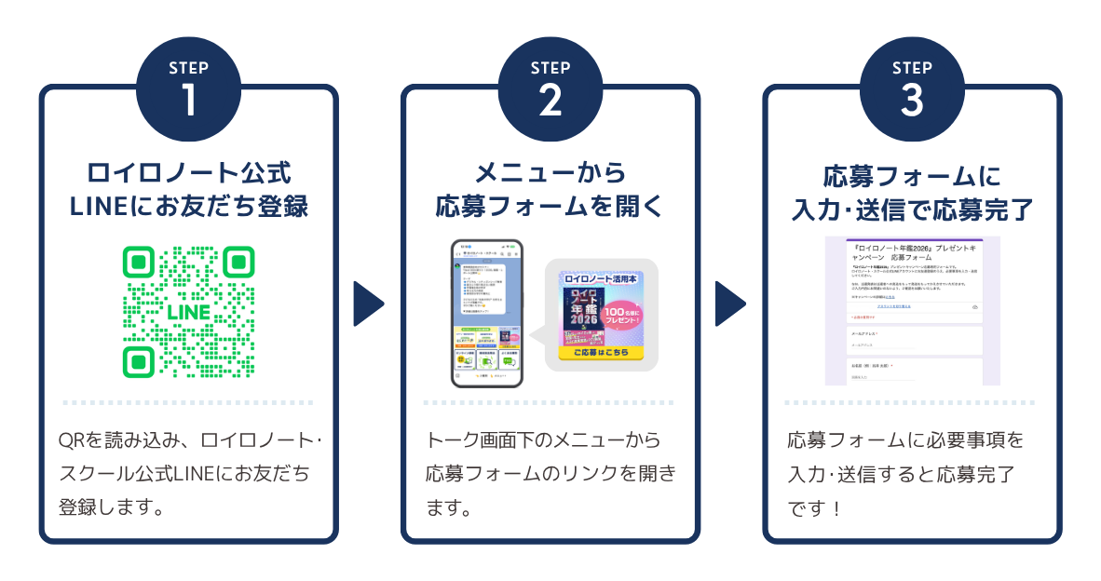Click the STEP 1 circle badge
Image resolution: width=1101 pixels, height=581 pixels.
click(x=188, y=89)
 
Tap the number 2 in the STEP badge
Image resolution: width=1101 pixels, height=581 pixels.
click(x=550, y=101)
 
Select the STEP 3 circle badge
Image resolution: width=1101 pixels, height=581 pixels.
click(x=911, y=89)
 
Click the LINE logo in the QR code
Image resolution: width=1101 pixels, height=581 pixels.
click(x=188, y=312)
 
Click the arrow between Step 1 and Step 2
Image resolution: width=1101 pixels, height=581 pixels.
click(x=369, y=304)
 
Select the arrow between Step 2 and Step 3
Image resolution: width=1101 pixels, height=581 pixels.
click(x=730, y=304)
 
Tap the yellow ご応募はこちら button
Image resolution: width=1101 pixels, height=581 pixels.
click(x=601, y=353)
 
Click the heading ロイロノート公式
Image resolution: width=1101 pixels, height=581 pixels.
click(x=188, y=173)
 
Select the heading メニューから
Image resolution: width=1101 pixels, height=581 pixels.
click(x=550, y=173)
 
